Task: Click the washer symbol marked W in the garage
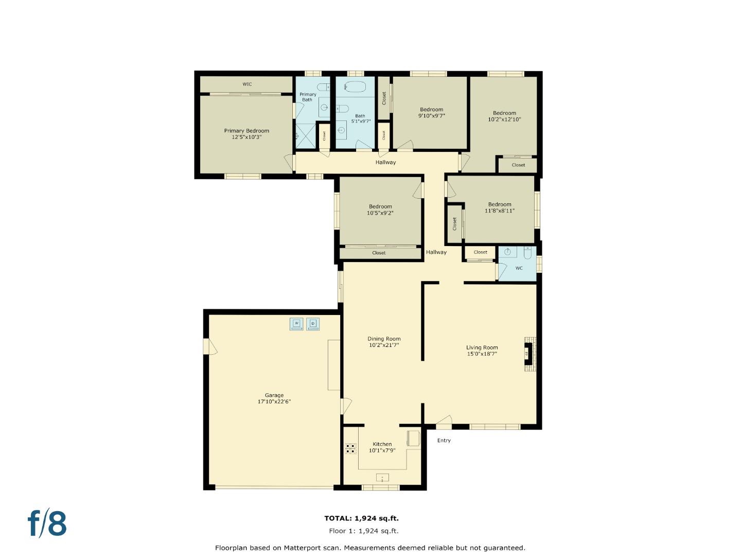[296, 324]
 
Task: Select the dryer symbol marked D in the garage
[313, 324]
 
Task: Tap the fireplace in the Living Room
[530, 354]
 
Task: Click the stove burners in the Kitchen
[351, 448]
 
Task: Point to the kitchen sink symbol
[382, 478]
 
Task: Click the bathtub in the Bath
[355, 86]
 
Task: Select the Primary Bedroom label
[246, 131]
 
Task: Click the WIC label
[247, 84]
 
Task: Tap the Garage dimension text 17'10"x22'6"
[274, 402]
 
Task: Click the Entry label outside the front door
[444, 441]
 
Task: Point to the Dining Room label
[384, 339]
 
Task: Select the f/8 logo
[47, 524]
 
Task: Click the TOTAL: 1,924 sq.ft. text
[361, 518]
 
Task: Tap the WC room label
[519, 268]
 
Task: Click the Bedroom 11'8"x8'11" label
[500, 207]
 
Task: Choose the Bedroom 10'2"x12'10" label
[504, 116]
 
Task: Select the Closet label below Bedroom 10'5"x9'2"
[379, 253]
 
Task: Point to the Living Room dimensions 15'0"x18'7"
[482, 354]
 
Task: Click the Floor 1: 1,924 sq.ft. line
[363, 531]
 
